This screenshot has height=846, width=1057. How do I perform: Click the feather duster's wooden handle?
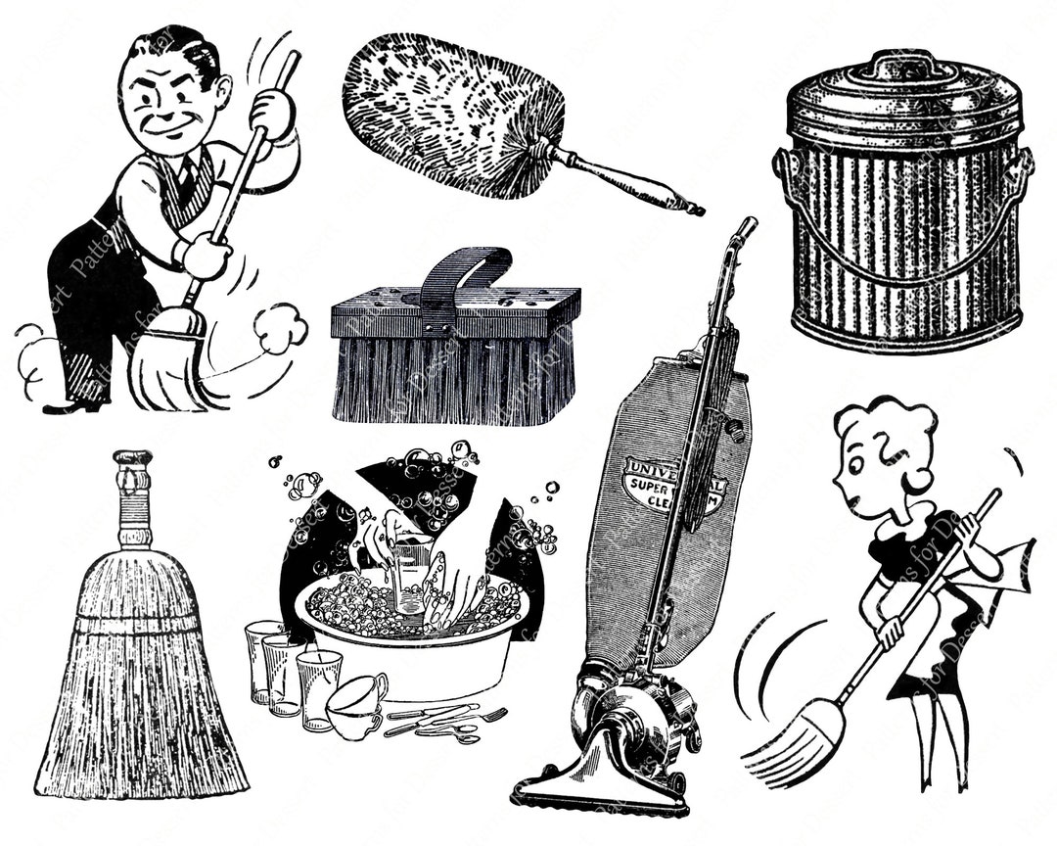click(626, 179)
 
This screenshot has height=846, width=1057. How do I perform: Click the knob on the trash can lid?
click(905, 67)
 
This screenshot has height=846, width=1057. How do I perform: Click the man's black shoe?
click(69, 402)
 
